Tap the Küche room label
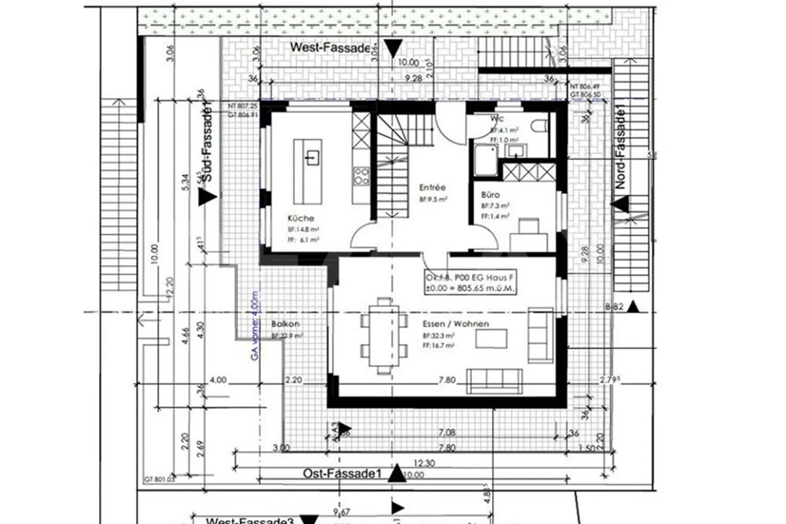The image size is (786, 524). (301, 218)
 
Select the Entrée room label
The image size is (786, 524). (432, 187)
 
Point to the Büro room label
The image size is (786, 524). (490, 194)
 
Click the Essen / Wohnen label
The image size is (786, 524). (455, 324)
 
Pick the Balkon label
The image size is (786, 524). (285, 324)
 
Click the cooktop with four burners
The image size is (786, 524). (361, 176)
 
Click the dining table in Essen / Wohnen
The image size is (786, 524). (384, 336)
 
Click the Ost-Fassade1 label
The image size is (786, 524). (342, 473)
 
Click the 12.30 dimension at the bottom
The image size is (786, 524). (424, 463)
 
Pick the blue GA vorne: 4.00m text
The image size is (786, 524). (254, 326)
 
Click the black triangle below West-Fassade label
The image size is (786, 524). (392, 49)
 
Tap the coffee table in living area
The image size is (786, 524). (491, 338)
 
